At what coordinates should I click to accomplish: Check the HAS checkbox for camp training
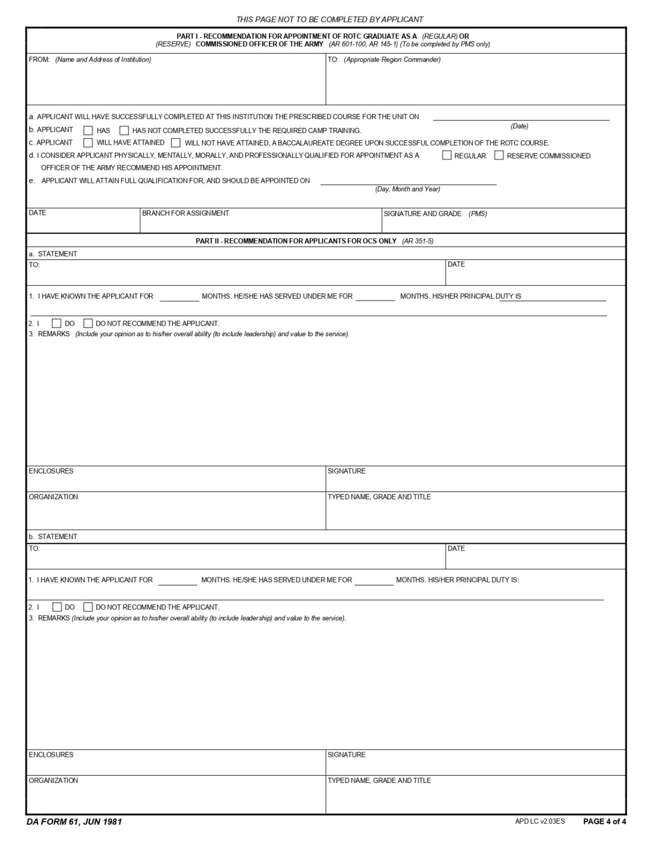coord(88,131)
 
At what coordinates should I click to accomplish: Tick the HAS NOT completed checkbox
coord(124,131)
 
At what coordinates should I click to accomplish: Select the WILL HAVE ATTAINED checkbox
coord(88,143)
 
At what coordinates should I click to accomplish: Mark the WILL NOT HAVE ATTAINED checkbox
coord(175,143)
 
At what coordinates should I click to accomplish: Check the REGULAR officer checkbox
coord(447,156)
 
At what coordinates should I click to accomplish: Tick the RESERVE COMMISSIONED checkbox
coord(499,156)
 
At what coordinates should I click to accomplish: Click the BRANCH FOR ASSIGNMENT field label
coord(185,213)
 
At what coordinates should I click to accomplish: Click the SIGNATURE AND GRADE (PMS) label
coord(435,214)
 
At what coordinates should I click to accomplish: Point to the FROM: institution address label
coord(90,60)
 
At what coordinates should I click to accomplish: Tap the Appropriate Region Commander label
coord(392,60)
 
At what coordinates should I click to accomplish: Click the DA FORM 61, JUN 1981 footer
coord(74,822)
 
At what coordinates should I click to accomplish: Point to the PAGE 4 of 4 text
coord(604,821)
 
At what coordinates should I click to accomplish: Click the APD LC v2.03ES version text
coord(540,821)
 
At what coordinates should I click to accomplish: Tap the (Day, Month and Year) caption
coord(408,189)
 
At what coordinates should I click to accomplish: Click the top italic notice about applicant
coord(330,19)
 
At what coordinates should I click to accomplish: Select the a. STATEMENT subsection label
coord(53,254)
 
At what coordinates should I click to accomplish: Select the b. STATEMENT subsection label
coord(53,536)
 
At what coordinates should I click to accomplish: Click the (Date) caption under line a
coord(519,126)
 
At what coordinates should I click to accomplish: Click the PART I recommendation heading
coord(323,40)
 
